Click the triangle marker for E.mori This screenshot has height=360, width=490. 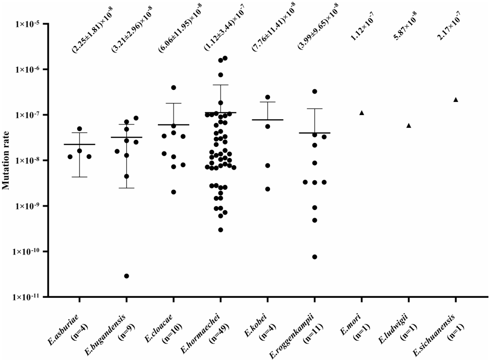(x=362, y=113)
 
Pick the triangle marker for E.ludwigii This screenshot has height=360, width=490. (x=409, y=125)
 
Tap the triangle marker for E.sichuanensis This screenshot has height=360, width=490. (x=456, y=99)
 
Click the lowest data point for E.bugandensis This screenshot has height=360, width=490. (x=127, y=276)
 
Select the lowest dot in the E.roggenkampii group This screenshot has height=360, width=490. (x=314, y=256)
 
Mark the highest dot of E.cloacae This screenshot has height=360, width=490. (x=174, y=87)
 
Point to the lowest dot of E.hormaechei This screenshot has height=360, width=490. (x=221, y=230)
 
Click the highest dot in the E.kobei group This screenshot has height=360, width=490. (x=267, y=97)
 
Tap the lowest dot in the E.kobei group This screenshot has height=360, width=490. (x=267, y=189)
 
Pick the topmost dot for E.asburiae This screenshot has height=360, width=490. (x=79, y=129)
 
